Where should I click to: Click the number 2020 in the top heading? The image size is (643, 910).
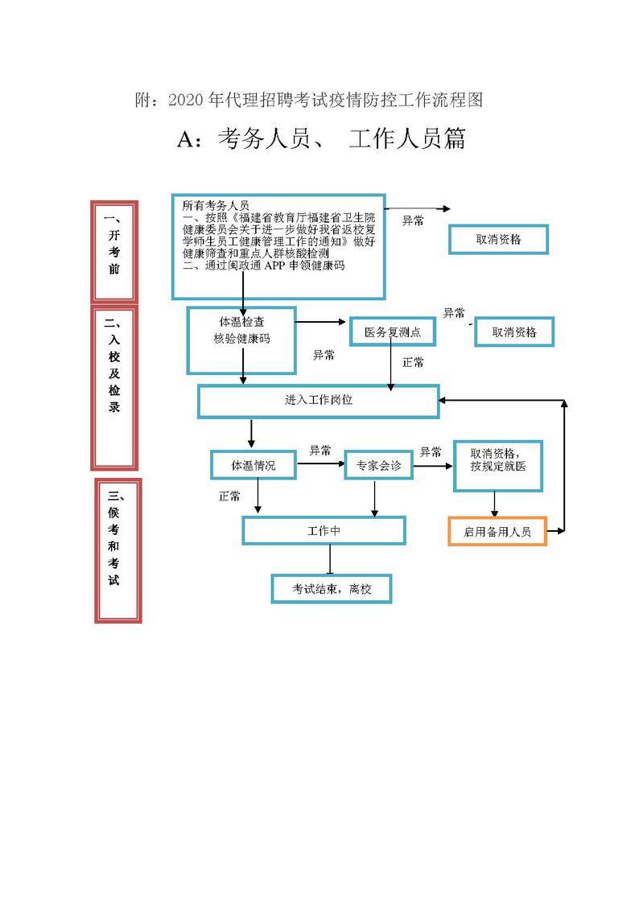click(x=186, y=100)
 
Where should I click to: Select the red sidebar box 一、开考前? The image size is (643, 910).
click(x=114, y=251)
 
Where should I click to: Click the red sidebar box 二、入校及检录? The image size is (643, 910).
click(x=114, y=386)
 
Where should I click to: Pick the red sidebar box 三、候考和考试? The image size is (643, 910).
click(x=117, y=550)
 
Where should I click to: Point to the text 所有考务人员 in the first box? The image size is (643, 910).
click(x=216, y=205)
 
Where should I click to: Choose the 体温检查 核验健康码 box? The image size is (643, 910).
click(x=241, y=340)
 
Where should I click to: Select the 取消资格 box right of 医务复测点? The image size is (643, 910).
click(x=514, y=331)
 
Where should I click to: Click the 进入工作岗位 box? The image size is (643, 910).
click(x=318, y=401)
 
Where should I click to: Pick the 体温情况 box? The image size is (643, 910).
click(x=253, y=465)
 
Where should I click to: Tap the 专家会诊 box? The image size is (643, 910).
click(x=378, y=465)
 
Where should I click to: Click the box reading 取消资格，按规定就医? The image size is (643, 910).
click(x=497, y=466)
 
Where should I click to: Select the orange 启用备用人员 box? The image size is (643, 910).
click(x=497, y=532)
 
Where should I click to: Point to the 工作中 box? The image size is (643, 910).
click(x=324, y=531)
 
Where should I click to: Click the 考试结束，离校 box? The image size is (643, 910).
click(x=331, y=589)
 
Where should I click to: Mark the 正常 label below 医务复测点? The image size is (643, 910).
click(x=413, y=363)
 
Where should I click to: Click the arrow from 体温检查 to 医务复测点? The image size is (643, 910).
click(x=322, y=323)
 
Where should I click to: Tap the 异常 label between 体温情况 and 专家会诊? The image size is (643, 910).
click(x=320, y=451)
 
